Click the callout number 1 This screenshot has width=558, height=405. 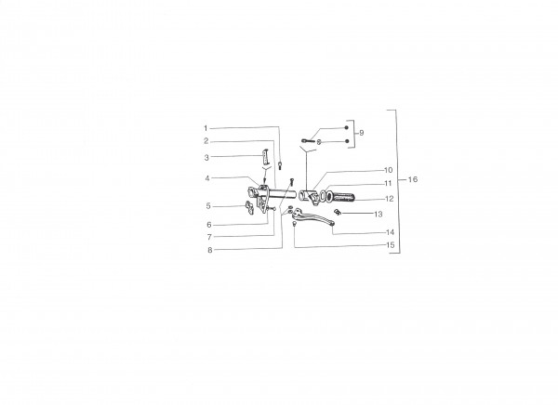pyautogui.click(x=206, y=128)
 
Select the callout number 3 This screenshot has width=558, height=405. pyautogui.click(x=206, y=158)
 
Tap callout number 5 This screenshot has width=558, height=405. pyautogui.click(x=208, y=206)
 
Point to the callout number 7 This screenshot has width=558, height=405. pyautogui.click(x=209, y=237)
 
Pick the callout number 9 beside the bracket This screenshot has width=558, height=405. pyautogui.click(x=362, y=133)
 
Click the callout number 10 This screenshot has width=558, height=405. pyautogui.click(x=388, y=170)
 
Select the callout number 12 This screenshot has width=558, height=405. pyautogui.click(x=390, y=199)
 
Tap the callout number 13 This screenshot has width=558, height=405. pyautogui.click(x=379, y=214)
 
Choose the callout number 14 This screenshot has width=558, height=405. pyautogui.click(x=390, y=232)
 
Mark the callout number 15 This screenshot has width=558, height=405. pyautogui.click(x=391, y=245)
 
